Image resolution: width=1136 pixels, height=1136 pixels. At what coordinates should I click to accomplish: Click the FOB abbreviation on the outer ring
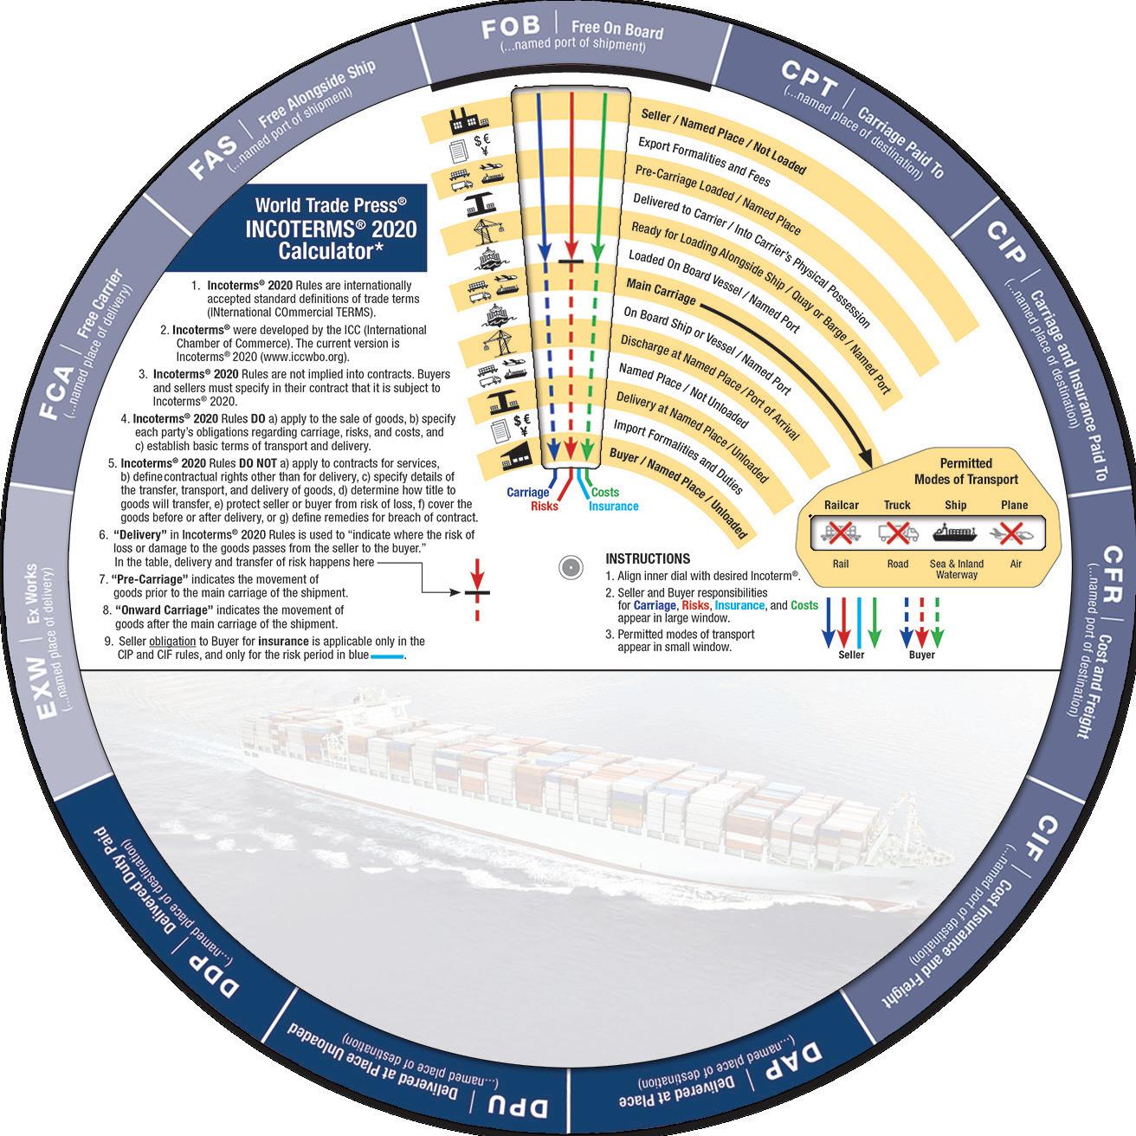pyautogui.click(x=511, y=29)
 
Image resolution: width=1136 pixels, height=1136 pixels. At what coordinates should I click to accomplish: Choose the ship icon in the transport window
pyautogui.click(x=955, y=532)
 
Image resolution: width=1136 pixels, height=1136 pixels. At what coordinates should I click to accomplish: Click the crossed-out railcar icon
pyautogui.click(x=841, y=532)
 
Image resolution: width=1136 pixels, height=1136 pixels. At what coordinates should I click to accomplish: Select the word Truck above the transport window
pyautogui.click(x=897, y=505)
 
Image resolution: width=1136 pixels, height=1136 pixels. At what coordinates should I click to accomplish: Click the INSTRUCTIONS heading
pyautogui.click(x=648, y=558)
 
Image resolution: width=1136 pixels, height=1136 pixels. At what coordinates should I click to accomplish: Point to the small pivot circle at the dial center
pyautogui.click(x=569, y=568)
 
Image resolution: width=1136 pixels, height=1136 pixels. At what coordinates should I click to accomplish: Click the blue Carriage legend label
pyautogui.click(x=527, y=493)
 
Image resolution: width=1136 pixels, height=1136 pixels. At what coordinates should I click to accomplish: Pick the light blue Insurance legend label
pyautogui.click(x=613, y=507)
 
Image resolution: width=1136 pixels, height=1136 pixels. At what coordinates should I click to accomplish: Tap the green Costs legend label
pyautogui.click(x=605, y=492)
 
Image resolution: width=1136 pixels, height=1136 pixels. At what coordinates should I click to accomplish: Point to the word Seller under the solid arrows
pyautogui.click(x=851, y=655)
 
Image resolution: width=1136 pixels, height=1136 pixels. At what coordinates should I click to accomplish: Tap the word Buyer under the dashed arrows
pyautogui.click(x=921, y=655)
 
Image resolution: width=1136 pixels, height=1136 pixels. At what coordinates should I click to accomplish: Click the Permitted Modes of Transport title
pyautogui.click(x=965, y=471)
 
